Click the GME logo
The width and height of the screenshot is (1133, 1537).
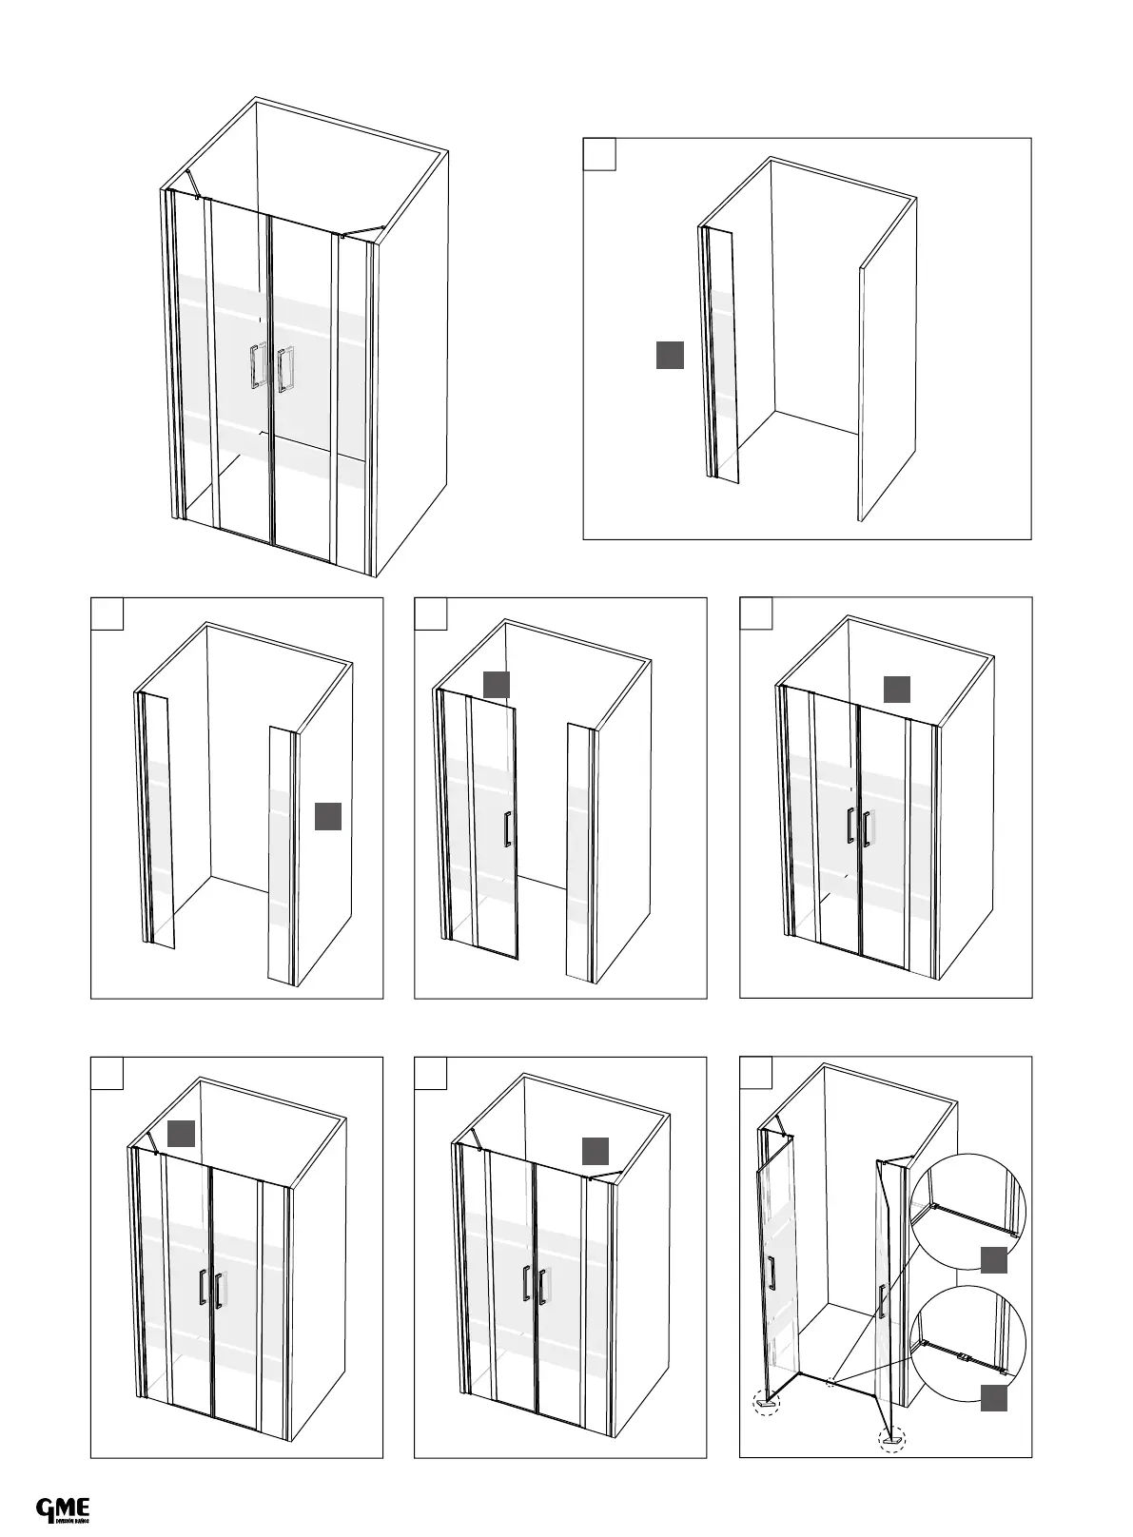pos(63,1509)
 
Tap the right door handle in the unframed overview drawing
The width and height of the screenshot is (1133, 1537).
pos(284,370)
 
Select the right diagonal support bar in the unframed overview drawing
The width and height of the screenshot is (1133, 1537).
pos(361,231)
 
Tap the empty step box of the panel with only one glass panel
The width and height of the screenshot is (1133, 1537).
pos(599,154)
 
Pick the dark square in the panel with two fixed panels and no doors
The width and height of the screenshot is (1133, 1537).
pos(328,816)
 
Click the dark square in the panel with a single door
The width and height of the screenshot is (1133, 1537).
pos(497,685)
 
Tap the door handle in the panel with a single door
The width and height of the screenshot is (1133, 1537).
pos(508,828)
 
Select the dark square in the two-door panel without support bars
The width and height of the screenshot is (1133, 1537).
pos(896,690)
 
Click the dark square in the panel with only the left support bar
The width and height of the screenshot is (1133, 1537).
pos(182,1133)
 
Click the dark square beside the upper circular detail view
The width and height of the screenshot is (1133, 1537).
pos(994,1259)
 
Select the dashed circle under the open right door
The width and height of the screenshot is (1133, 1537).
pos(892,1440)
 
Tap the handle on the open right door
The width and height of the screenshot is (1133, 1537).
pos(881,1300)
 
